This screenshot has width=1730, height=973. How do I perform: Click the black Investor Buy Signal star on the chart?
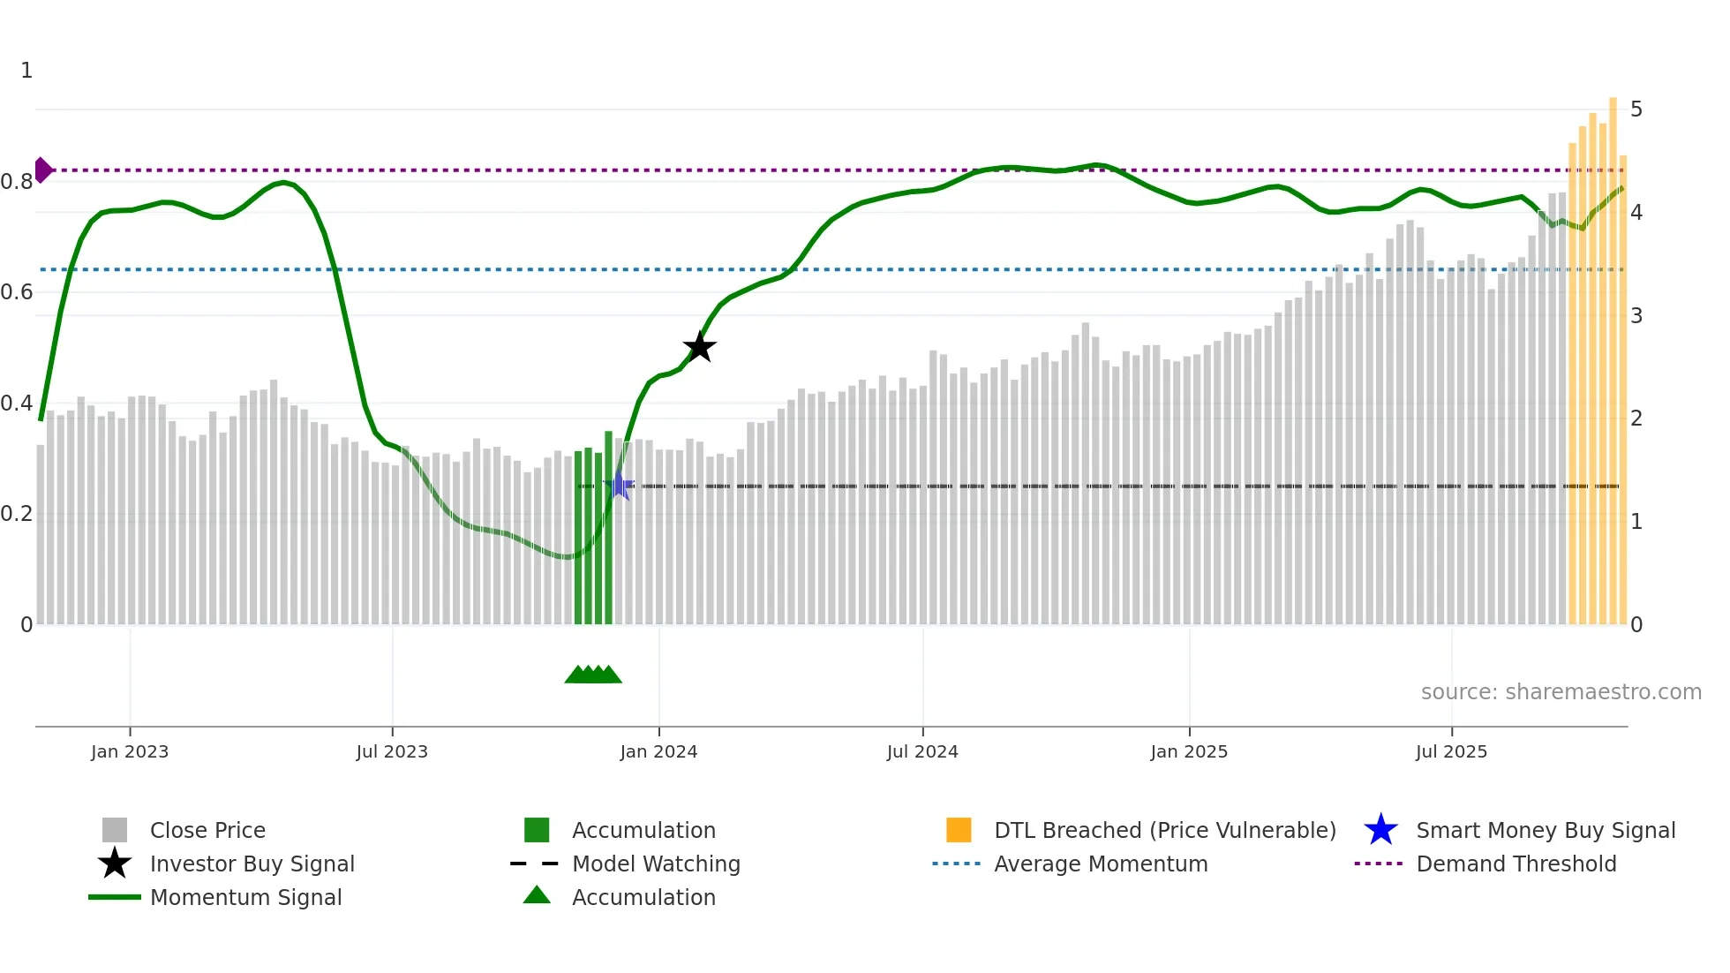[699, 347]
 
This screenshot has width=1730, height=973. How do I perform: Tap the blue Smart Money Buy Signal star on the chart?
[620, 486]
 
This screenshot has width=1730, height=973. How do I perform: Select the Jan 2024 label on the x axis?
[658, 751]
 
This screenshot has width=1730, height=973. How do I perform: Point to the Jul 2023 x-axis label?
[392, 751]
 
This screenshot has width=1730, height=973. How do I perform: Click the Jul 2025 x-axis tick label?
[1451, 751]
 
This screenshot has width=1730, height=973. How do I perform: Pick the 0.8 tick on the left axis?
[17, 182]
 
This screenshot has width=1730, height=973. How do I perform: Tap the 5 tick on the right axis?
[1636, 109]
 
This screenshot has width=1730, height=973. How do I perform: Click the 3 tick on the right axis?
[1636, 316]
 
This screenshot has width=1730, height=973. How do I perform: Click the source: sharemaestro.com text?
[1561, 692]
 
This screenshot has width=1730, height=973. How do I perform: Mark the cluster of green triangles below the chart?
[593, 675]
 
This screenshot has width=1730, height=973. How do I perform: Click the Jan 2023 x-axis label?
[130, 751]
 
